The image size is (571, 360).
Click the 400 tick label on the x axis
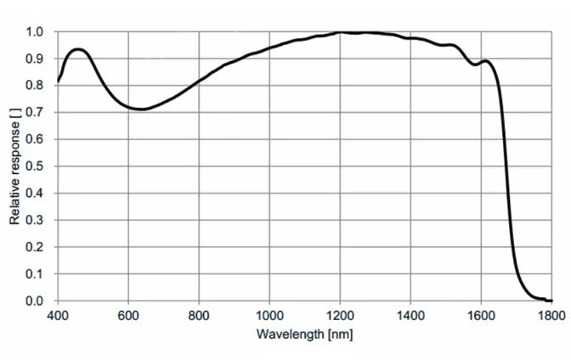pos(57,316)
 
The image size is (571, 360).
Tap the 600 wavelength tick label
pos(127,316)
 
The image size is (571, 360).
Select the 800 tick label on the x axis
pos(198,316)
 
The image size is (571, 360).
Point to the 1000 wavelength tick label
pos(269,316)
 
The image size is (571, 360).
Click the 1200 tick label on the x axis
pos(339,316)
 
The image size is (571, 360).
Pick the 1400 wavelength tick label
pos(410,316)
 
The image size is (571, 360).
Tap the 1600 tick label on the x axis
pos(480,316)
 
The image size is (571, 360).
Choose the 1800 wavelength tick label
pos(550,316)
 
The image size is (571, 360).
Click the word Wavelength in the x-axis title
pos(285,334)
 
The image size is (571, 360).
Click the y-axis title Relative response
pos(14,166)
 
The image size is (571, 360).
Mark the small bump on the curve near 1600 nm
pos(484,61)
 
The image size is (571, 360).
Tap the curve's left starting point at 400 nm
pos(58,82)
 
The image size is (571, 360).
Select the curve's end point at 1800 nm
pos(551,301)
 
